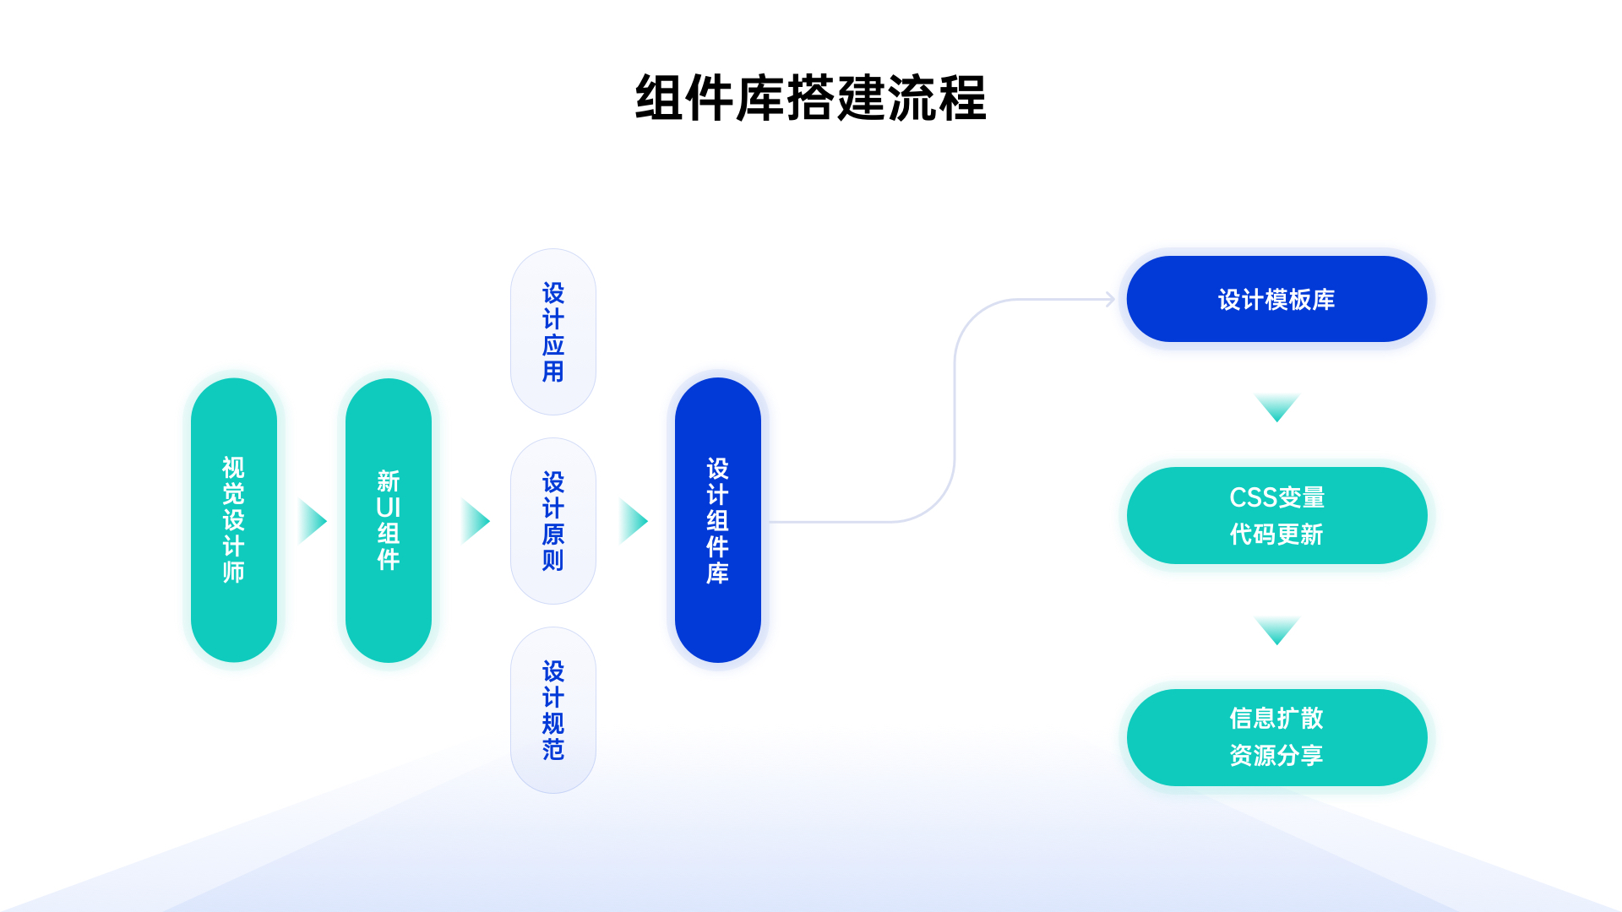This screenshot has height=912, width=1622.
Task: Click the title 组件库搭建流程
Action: click(x=810, y=99)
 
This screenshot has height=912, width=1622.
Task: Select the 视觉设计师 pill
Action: click(x=234, y=520)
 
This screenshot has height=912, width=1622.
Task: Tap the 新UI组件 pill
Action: click(x=389, y=520)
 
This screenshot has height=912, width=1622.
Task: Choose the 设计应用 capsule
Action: click(x=553, y=332)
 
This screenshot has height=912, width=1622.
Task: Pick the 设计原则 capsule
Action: click(x=553, y=521)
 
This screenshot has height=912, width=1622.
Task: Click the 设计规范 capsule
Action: click(x=553, y=710)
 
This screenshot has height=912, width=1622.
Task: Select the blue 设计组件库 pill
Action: click(x=718, y=520)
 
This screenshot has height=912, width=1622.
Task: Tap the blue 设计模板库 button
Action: click(x=1276, y=299)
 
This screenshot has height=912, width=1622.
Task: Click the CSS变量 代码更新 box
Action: click(x=1276, y=516)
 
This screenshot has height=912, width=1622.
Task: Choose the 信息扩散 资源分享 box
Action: click(x=1276, y=737)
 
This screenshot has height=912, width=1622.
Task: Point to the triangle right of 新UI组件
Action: click(x=475, y=521)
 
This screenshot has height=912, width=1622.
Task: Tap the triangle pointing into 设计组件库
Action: click(x=633, y=521)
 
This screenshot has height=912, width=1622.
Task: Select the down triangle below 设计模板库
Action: click(x=1276, y=406)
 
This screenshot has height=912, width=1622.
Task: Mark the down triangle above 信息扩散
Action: click(x=1276, y=629)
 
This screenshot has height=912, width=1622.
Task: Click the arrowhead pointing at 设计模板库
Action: click(x=1111, y=299)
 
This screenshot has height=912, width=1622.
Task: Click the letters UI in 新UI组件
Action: click(x=389, y=508)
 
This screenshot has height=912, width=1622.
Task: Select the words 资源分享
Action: click(x=1276, y=755)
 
